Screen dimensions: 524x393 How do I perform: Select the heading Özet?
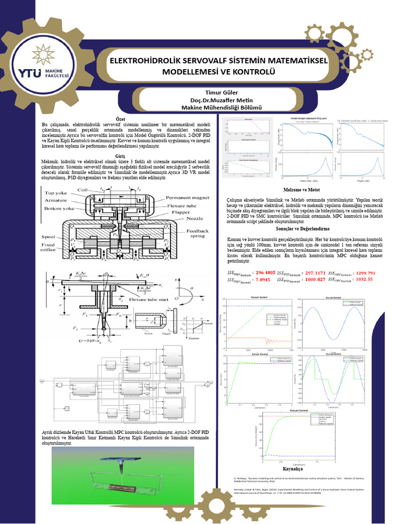point(121,119)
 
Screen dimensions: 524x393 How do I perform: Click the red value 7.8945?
point(263,279)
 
